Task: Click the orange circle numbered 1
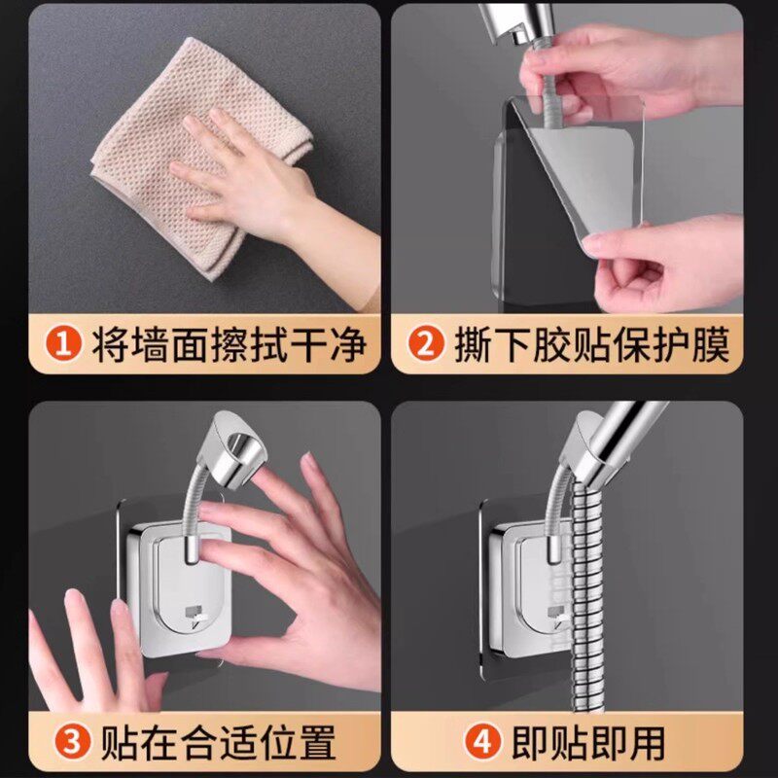click(x=63, y=343)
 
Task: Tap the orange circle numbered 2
click(x=425, y=343)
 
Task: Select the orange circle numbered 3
click(x=72, y=743)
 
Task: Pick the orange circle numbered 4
click(x=481, y=743)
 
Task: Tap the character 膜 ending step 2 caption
click(x=711, y=344)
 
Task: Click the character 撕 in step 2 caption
click(x=473, y=344)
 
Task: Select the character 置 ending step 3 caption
click(x=317, y=743)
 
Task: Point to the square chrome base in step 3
click(x=180, y=589)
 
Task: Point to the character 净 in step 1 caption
click(x=349, y=344)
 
